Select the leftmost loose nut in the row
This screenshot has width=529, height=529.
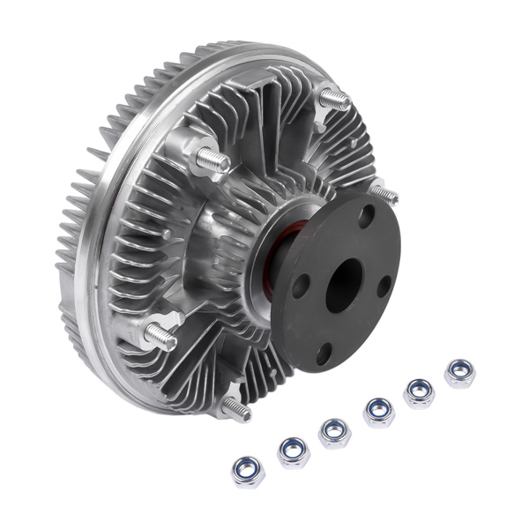(249, 471)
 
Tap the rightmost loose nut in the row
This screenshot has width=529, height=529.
(459, 373)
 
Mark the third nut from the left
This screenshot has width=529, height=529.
(334, 433)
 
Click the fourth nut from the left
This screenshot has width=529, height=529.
(378, 412)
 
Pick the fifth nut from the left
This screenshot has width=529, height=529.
(419, 392)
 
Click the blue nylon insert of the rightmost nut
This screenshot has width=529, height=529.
(459, 371)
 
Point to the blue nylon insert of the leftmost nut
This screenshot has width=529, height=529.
(249, 469)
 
